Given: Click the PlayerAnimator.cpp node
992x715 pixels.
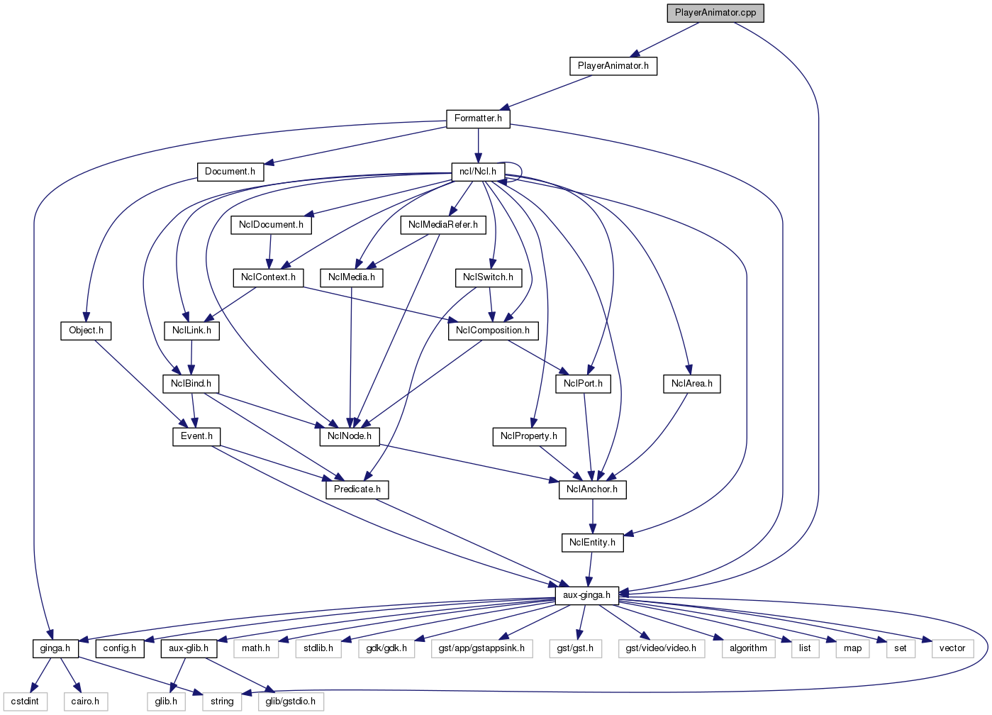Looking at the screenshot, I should coord(715,13).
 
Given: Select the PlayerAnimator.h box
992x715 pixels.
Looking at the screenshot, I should coord(613,66).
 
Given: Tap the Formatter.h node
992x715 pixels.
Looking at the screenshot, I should coord(478,118).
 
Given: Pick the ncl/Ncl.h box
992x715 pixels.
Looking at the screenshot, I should coord(477,172).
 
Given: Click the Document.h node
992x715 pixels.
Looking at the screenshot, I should coord(230,172).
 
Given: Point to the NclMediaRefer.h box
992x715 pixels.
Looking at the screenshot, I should coord(442,225).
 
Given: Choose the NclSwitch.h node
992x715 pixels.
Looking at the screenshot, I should coord(488,277).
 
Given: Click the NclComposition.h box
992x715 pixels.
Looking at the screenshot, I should coord(492,331).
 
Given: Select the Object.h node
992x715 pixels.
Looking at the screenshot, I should coord(86,331).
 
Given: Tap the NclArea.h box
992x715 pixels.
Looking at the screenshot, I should coord(692,384).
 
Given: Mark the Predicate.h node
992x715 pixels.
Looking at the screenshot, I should coord(357,489).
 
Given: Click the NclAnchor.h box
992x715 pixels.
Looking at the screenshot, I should coord(592,489).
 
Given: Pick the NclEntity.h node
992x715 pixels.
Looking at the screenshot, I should coord(592,543).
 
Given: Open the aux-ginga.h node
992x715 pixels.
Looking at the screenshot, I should coord(586,595).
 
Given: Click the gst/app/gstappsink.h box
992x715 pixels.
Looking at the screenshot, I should coord(481,648).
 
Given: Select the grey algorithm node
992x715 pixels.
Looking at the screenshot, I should coord(748,648).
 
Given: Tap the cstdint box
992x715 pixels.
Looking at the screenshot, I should coord(25,702).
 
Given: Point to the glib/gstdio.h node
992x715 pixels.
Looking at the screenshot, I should coord(290,702).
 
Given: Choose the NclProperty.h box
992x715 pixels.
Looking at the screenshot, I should coord(528,436).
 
